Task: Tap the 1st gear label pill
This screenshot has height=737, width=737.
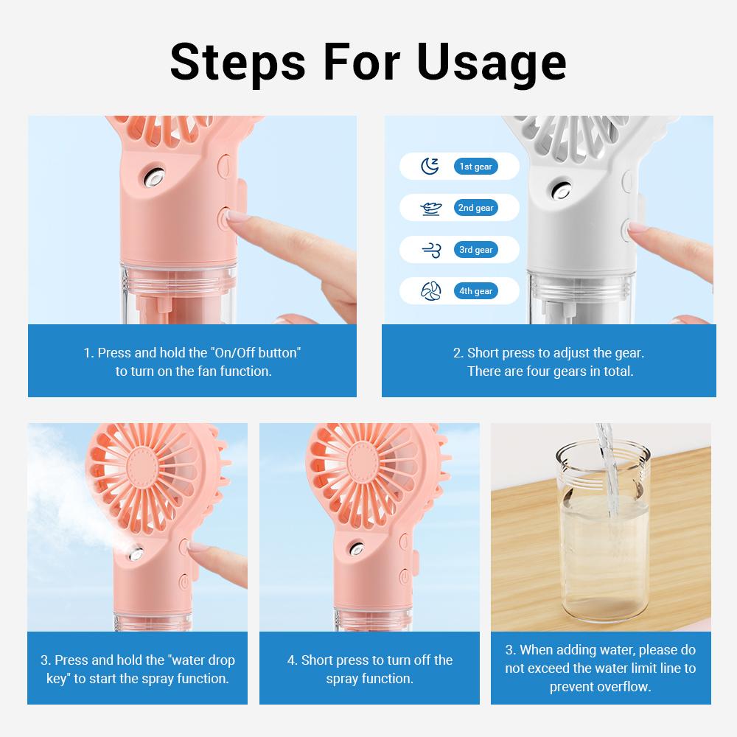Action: pyautogui.click(x=475, y=167)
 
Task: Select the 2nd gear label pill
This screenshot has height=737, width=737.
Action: pyautogui.click(x=475, y=208)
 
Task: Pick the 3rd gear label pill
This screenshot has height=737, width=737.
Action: pyautogui.click(x=475, y=250)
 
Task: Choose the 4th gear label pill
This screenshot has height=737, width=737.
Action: pyautogui.click(x=475, y=291)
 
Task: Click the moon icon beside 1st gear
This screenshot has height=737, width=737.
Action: pyautogui.click(x=430, y=167)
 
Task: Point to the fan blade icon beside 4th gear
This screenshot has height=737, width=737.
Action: pyautogui.click(x=430, y=291)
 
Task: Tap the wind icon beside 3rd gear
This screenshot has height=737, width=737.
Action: pyautogui.click(x=430, y=250)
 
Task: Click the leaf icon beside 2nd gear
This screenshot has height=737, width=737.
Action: pyautogui.click(x=430, y=209)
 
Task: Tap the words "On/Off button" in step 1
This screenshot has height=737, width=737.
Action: pyautogui.click(x=256, y=352)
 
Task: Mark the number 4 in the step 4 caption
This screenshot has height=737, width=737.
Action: pyautogui.click(x=291, y=660)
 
